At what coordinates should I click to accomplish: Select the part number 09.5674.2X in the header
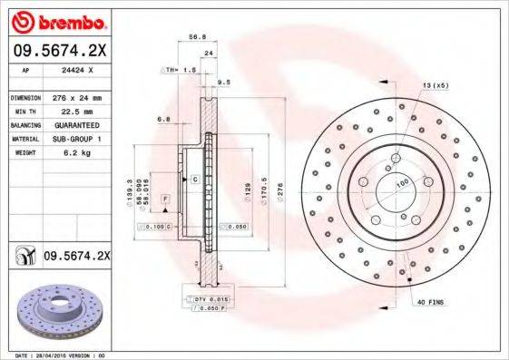[58, 51]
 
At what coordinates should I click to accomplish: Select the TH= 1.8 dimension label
[181, 70]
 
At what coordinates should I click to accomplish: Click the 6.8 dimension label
[164, 119]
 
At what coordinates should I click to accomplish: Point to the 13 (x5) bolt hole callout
[434, 85]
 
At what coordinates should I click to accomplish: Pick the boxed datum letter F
[166, 198]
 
